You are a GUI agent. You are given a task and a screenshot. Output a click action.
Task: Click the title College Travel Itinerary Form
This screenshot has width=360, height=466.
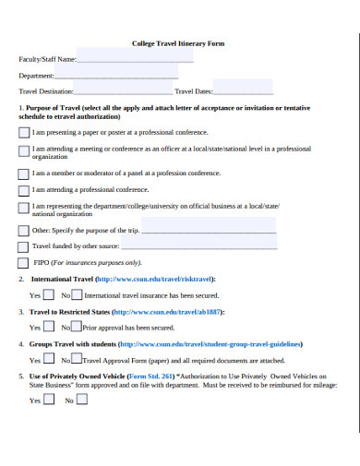[x=178, y=43]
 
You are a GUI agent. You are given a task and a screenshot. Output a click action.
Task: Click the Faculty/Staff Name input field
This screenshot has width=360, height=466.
[x=128, y=59]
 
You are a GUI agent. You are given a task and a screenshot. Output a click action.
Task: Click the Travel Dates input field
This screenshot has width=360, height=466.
[x=244, y=91]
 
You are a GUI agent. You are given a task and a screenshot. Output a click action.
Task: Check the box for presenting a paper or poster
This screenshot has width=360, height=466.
[x=23, y=132]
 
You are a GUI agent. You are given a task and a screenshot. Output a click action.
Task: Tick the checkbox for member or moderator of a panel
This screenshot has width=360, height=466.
[x=23, y=173]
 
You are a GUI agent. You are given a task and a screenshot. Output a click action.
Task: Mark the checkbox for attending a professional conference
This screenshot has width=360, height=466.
[x=23, y=189]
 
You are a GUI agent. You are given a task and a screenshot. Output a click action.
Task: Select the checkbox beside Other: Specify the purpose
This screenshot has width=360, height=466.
[x=23, y=230]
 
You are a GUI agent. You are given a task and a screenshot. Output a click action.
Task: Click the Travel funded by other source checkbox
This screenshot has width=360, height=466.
[x=23, y=246]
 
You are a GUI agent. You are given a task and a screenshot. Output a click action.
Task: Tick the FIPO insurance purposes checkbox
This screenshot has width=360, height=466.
[x=23, y=262]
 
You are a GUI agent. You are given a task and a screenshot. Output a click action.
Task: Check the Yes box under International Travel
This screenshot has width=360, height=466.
[x=48, y=294]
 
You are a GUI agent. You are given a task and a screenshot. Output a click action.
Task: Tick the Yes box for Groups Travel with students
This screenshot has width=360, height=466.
[x=48, y=359]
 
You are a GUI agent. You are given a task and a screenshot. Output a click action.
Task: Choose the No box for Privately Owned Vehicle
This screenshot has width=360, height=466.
[x=81, y=400]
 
